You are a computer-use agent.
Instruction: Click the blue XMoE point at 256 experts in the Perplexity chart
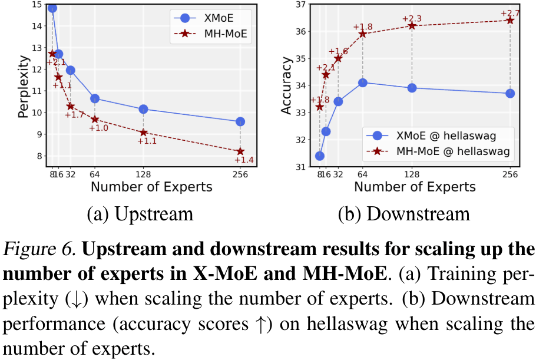pyautogui.click(x=240, y=121)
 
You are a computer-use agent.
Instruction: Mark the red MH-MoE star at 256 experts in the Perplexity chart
pyautogui.click(x=240, y=151)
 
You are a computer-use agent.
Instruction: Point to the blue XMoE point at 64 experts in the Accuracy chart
pyautogui.click(x=363, y=83)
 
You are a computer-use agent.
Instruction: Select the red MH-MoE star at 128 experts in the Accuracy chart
pyautogui.click(x=412, y=25)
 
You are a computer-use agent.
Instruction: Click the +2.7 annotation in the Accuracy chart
pyautogui.click(x=511, y=13)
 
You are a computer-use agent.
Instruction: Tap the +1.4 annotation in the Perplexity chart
pyautogui.click(x=244, y=160)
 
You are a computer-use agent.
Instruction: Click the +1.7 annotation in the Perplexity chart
pyautogui.click(x=74, y=114)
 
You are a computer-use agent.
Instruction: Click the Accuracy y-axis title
pyautogui.click(x=287, y=85)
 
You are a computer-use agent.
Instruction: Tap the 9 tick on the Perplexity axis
pyautogui.click(x=37, y=134)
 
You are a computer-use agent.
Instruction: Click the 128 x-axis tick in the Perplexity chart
pyautogui.click(x=143, y=175)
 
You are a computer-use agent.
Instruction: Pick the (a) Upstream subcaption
pyautogui.click(x=140, y=213)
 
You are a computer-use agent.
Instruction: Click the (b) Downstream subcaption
pyautogui.click(x=403, y=213)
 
